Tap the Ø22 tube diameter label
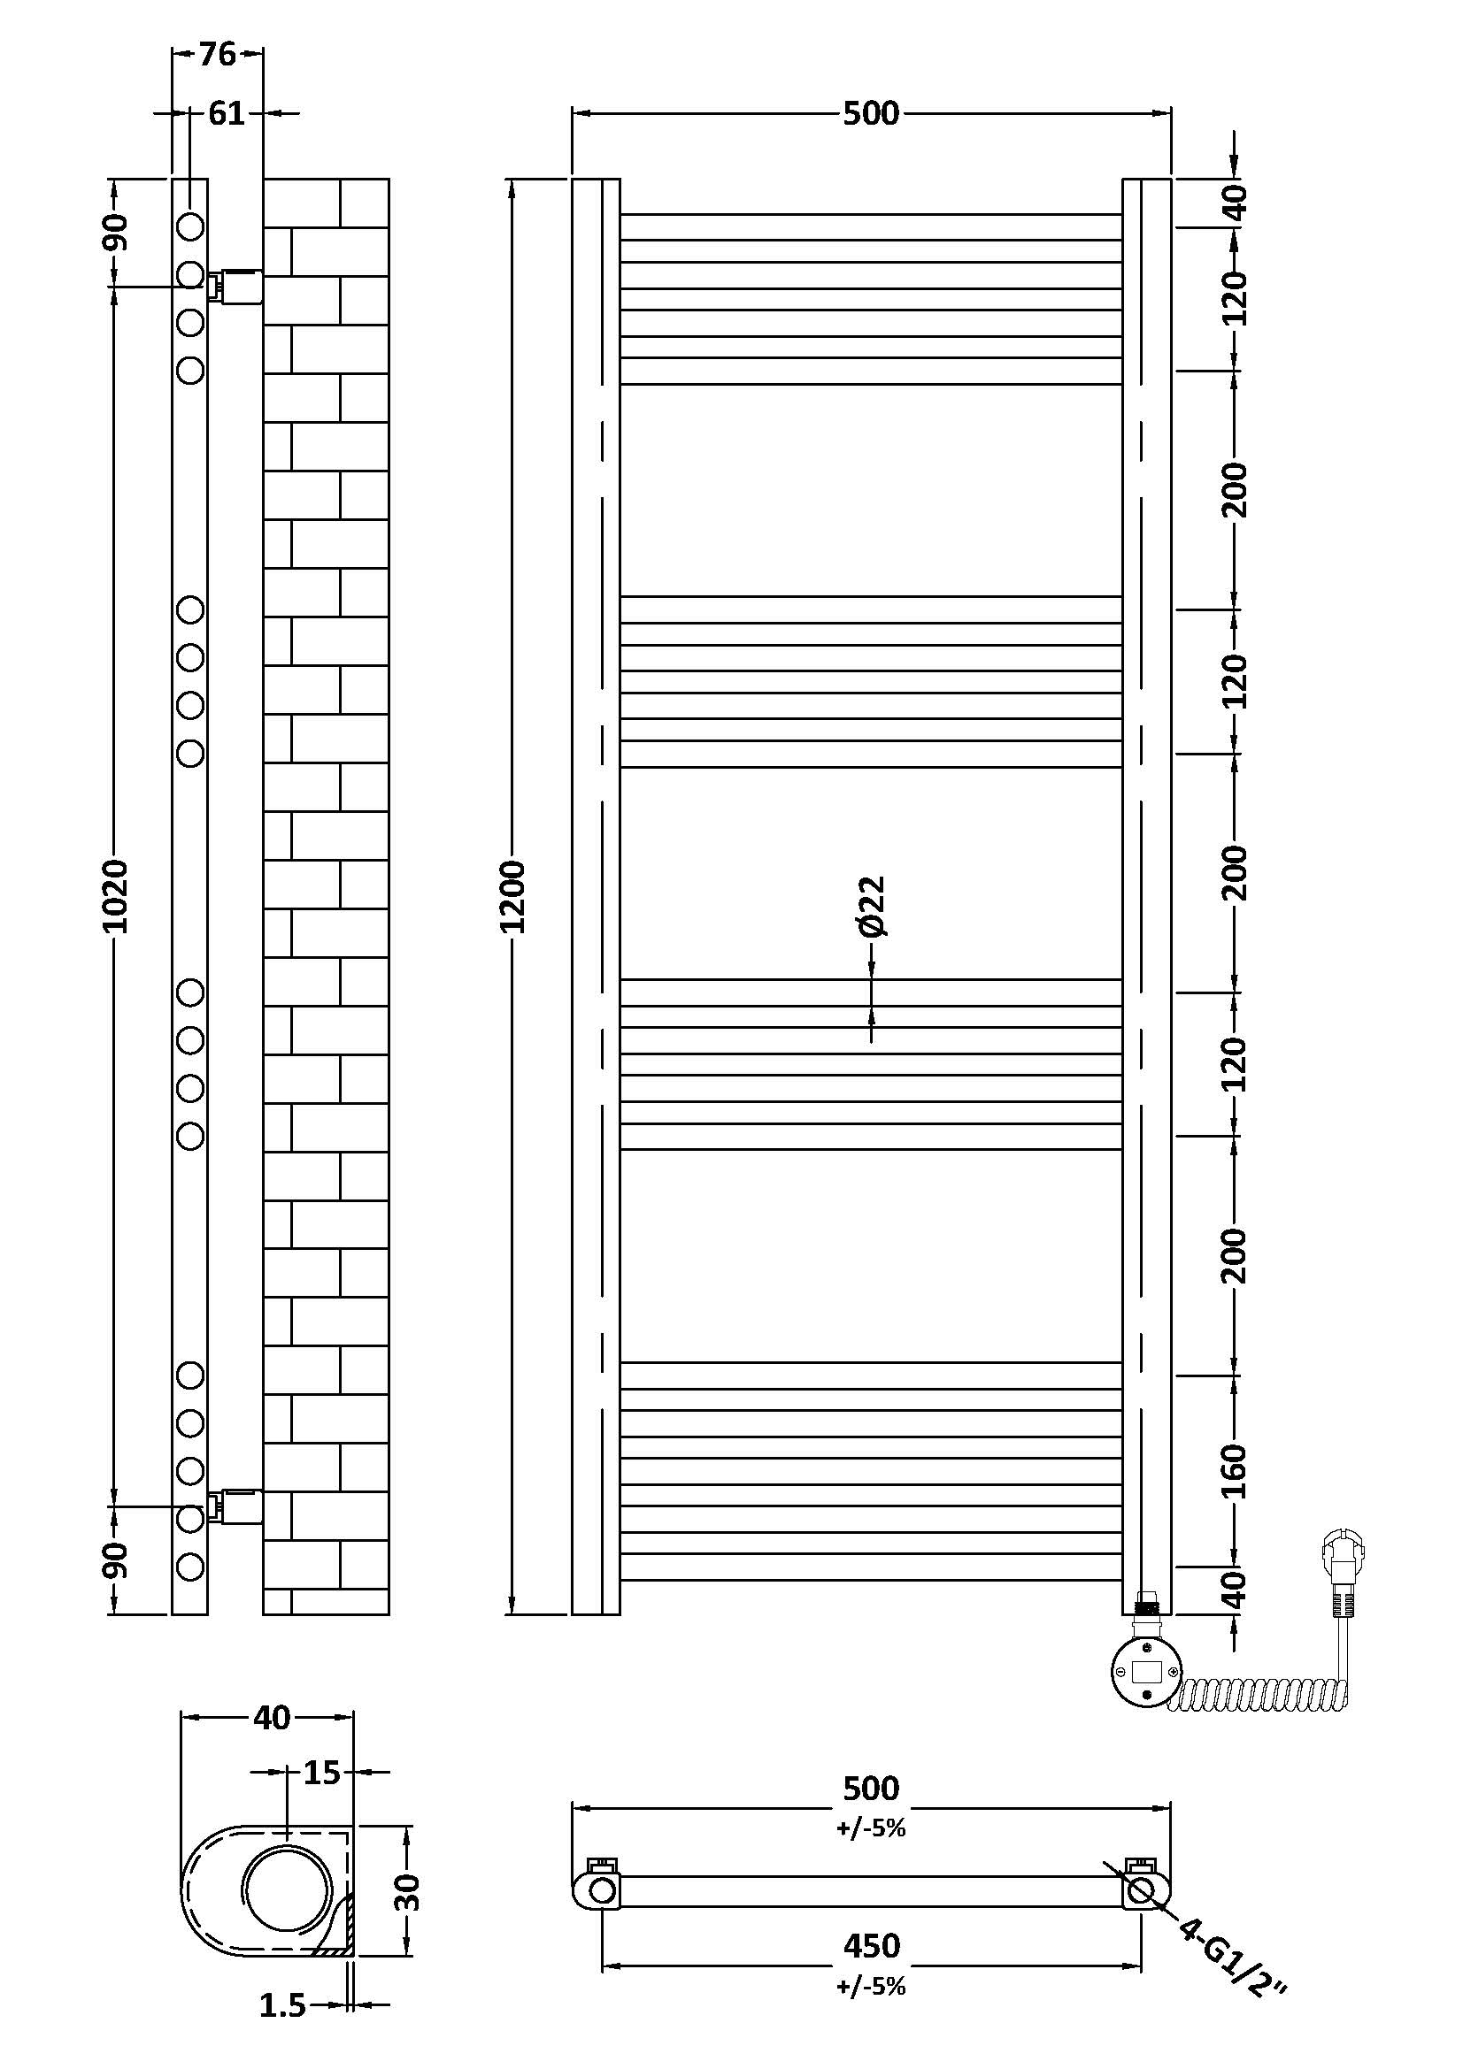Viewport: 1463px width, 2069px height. tap(873, 906)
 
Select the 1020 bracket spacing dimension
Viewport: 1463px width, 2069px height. tap(114, 896)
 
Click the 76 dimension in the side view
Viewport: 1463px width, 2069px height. tap(217, 54)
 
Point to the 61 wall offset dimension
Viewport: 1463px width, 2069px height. tap(227, 113)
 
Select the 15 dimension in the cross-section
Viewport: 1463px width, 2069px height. tap(322, 1773)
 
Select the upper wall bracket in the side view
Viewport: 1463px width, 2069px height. tap(235, 287)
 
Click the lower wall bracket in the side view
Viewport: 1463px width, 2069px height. tap(235, 1506)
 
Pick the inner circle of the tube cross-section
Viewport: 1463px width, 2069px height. tap(287, 1886)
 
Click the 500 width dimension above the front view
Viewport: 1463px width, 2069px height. tap(872, 113)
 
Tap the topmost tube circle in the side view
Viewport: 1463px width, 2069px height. tap(190, 226)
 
